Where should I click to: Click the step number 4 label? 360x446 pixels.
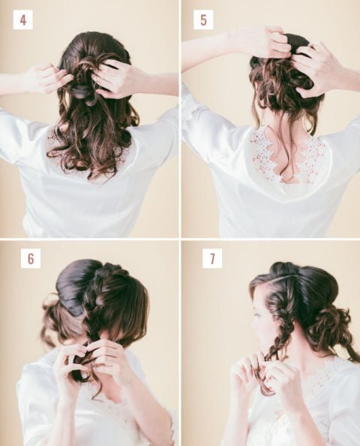pyautogui.click(x=23, y=20)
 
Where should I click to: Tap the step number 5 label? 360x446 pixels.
pyautogui.click(x=203, y=20)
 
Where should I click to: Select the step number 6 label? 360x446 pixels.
pyautogui.click(x=31, y=258)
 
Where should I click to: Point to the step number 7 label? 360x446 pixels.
pyautogui.click(x=212, y=258)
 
